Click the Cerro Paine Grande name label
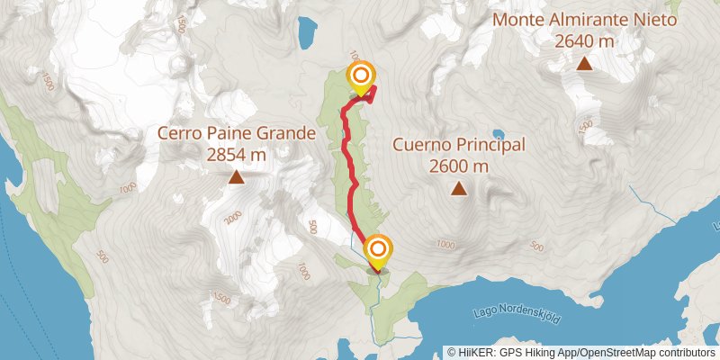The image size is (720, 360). pos(236,134)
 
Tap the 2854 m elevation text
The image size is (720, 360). pos(236,155)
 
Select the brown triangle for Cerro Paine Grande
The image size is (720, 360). pos(236,177)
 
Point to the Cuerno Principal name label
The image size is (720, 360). pos(459,145)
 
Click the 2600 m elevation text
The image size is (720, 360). pos(459,166)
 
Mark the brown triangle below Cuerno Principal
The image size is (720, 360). pos(459,188)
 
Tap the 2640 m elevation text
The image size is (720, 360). pos(584,40)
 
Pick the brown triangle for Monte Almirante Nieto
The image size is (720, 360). pos(584,63)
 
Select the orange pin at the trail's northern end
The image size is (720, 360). pos(361,76)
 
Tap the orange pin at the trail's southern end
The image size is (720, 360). pos(377,248)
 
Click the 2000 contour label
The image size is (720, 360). pos(233,218)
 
